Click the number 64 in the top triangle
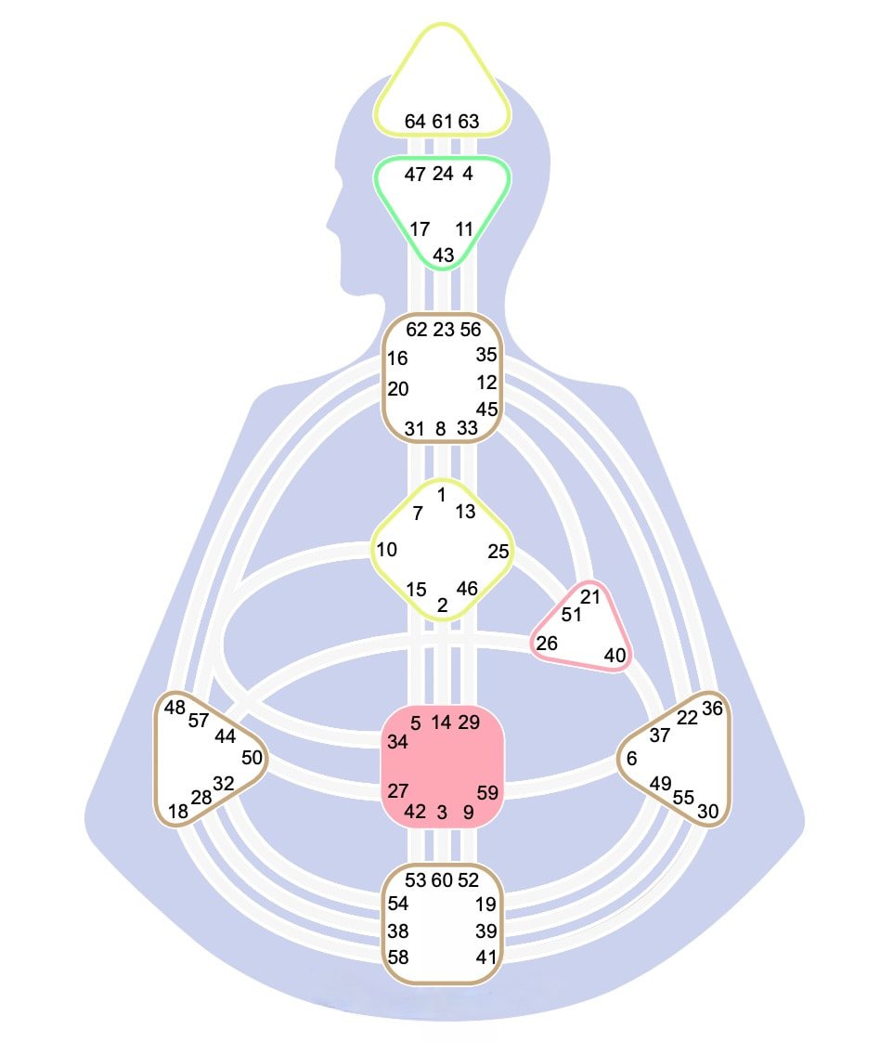coord(415,122)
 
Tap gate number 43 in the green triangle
coord(443,255)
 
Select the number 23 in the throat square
coord(443,330)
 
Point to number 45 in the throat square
coord(487,410)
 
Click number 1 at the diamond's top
coord(441,494)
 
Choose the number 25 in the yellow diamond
coord(498,552)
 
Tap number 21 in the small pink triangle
coord(590,597)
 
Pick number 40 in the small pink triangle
coord(615,656)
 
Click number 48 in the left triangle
coord(175,708)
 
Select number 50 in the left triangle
coord(252,758)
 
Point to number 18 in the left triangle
coord(178,812)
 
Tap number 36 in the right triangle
coord(712,709)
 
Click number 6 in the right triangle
coord(632,758)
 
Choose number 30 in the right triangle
coord(708,812)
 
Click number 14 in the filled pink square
coord(441,723)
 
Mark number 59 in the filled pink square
coord(487,793)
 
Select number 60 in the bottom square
coord(442,880)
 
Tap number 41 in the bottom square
coord(486,957)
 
